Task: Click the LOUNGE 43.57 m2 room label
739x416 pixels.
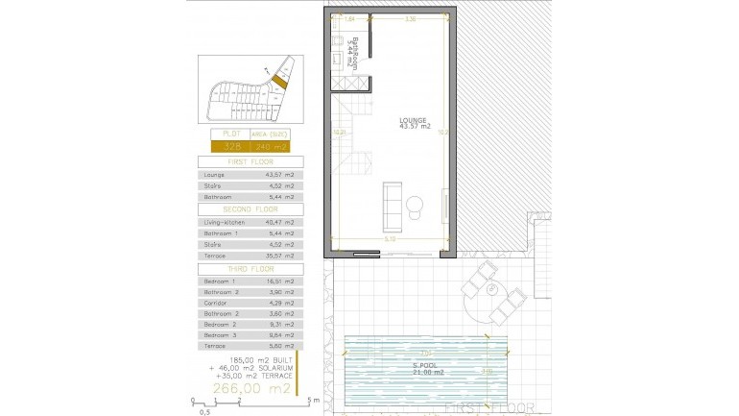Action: pos(415,124)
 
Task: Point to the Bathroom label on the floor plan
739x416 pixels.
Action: pos(355,48)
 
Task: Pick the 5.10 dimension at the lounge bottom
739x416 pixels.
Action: pos(388,239)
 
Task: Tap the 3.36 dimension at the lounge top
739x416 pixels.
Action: pos(411,18)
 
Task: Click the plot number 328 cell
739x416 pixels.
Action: pos(231,147)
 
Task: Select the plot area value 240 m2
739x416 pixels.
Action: pos(272,147)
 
